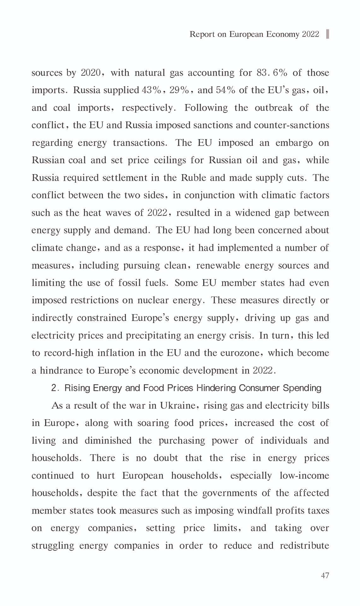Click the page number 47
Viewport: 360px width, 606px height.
pos(325,575)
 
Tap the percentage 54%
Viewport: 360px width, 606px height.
pos(226,91)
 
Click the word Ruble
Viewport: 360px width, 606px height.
pos(193,178)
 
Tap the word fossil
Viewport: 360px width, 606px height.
pos(129,283)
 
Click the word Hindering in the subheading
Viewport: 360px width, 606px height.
pos(216,388)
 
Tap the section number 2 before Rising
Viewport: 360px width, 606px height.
pos(54,388)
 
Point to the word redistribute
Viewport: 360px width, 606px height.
pos(304,545)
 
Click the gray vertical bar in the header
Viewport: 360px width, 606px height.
pos(328,34)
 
